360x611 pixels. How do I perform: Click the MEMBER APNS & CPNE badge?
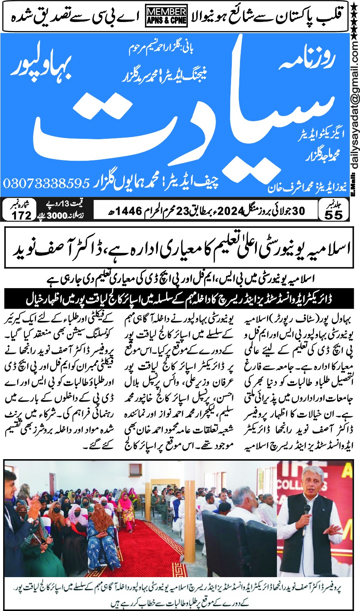coord(166,16)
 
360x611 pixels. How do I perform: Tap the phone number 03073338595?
coord(46,182)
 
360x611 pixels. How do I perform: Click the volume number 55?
coord(334,215)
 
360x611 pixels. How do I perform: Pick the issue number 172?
coord(22,215)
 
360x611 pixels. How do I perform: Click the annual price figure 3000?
coord(58,216)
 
